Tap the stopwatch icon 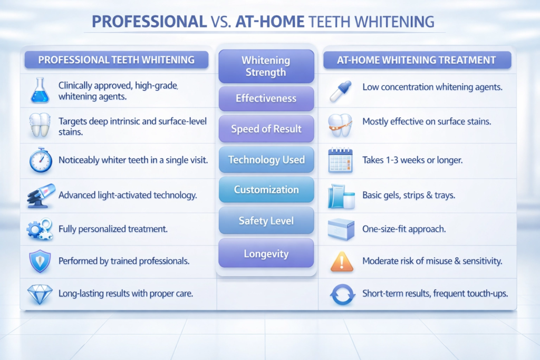pyautogui.click(x=40, y=160)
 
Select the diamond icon pyautogui.click(x=40, y=294)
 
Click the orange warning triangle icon pyautogui.click(x=341, y=261)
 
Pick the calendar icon pyautogui.click(x=340, y=160)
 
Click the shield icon pyautogui.click(x=40, y=261)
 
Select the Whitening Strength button pyautogui.click(x=266, y=66)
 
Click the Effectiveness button pyautogui.click(x=266, y=98)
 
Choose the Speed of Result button pyautogui.click(x=266, y=129)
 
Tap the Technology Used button pyautogui.click(x=266, y=160)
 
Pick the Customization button pyautogui.click(x=266, y=190)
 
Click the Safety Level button pyautogui.click(x=266, y=221)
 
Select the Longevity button pyautogui.click(x=266, y=254)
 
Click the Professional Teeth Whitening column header pyautogui.click(x=117, y=60)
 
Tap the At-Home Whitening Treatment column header pyautogui.click(x=417, y=60)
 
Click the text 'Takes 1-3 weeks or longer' pyautogui.click(x=412, y=160)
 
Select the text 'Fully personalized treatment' pyautogui.click(x=113, y=229)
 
